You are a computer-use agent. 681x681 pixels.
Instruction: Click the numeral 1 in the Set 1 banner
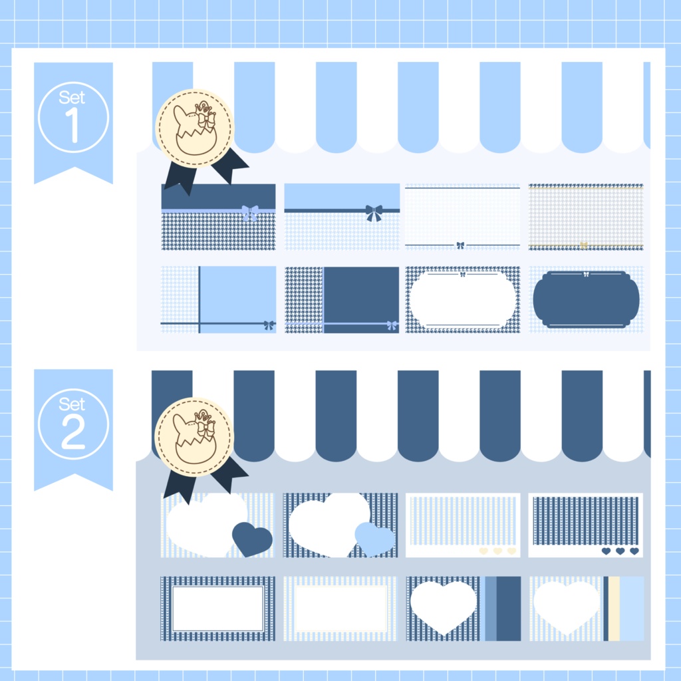(72, 124)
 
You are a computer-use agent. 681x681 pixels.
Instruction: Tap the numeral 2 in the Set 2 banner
(73, 431)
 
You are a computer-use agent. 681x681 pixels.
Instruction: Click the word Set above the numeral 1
(72, 97)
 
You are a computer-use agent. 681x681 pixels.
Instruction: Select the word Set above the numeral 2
(72, 404)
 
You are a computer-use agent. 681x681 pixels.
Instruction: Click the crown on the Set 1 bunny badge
(204, 107)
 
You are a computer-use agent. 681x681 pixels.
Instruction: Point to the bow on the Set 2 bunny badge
(206, 429)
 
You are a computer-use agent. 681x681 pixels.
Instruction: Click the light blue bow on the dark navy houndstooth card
(250, 213)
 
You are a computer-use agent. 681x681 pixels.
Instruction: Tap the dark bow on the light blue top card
(374, 213)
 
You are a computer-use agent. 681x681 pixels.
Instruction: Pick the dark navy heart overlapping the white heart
(252, 539)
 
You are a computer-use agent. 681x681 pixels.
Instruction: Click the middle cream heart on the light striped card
(497, 551)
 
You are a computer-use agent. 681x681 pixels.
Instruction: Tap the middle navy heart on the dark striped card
(620, 551)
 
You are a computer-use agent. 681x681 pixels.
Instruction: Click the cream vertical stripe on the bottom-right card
(614, 609)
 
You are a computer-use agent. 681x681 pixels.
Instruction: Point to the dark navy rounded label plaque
(586, 300)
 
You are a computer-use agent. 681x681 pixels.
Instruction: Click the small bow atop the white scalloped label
(463, 274)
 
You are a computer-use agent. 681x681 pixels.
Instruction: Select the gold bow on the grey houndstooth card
(584, 245)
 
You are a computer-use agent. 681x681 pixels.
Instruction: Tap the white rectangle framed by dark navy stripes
(218, 609)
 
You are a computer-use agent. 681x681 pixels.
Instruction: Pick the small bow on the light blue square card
(269, 325)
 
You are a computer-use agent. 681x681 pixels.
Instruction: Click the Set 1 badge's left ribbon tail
(181, 177)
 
